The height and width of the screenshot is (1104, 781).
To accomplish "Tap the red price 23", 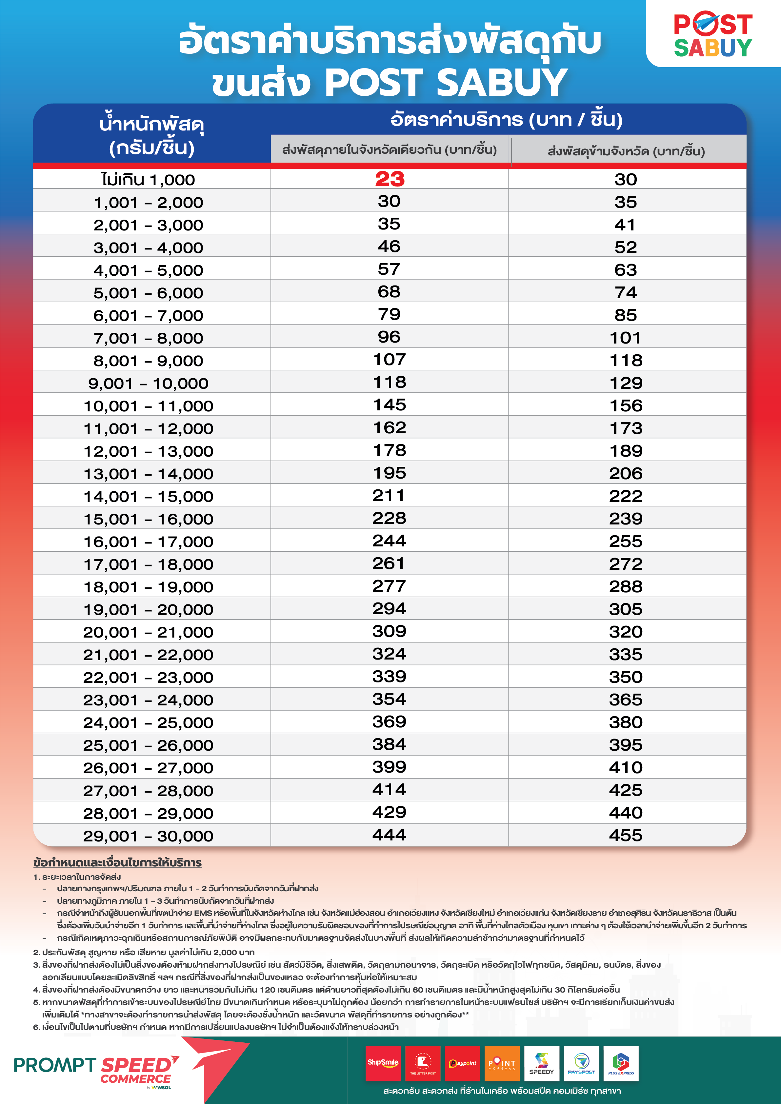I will click(390, 179).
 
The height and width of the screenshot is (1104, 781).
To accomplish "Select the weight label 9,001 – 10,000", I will click(148, 383).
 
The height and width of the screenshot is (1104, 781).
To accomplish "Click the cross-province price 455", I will click(626, 835).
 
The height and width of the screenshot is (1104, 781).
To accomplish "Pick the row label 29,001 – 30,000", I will click(148, 836).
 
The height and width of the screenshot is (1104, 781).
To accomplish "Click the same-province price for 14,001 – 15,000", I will click(389, 495).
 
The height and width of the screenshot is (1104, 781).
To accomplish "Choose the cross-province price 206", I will click(626, 473).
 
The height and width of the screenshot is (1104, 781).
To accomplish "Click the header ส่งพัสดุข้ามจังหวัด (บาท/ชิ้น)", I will click(626, 151).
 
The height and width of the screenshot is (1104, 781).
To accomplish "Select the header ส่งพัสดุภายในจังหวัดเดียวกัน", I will click(389, 149).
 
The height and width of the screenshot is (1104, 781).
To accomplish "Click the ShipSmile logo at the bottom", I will click(383, 1063).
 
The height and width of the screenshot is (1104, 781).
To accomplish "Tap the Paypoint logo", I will click(462, 1063).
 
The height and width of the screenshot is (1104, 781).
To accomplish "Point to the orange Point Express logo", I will click(502, 1063).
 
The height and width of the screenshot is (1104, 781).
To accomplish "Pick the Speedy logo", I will click(542, 1063).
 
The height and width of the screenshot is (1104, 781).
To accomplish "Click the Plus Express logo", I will click(621, 1063).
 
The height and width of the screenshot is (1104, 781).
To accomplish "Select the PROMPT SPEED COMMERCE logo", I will click(96, 1070).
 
